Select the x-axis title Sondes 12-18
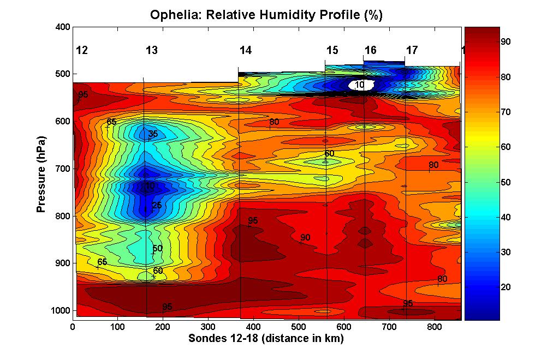point(266,339)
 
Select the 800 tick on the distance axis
point(433,327)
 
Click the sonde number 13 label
point(152,51)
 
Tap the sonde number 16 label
point(370,51)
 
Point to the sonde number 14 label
point(246,51)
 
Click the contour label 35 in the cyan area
point(153,134)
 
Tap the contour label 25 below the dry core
point(157,206)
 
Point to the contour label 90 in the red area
point(305,238)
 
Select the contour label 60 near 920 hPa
point(158,271)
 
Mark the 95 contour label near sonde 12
point(83,95)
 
